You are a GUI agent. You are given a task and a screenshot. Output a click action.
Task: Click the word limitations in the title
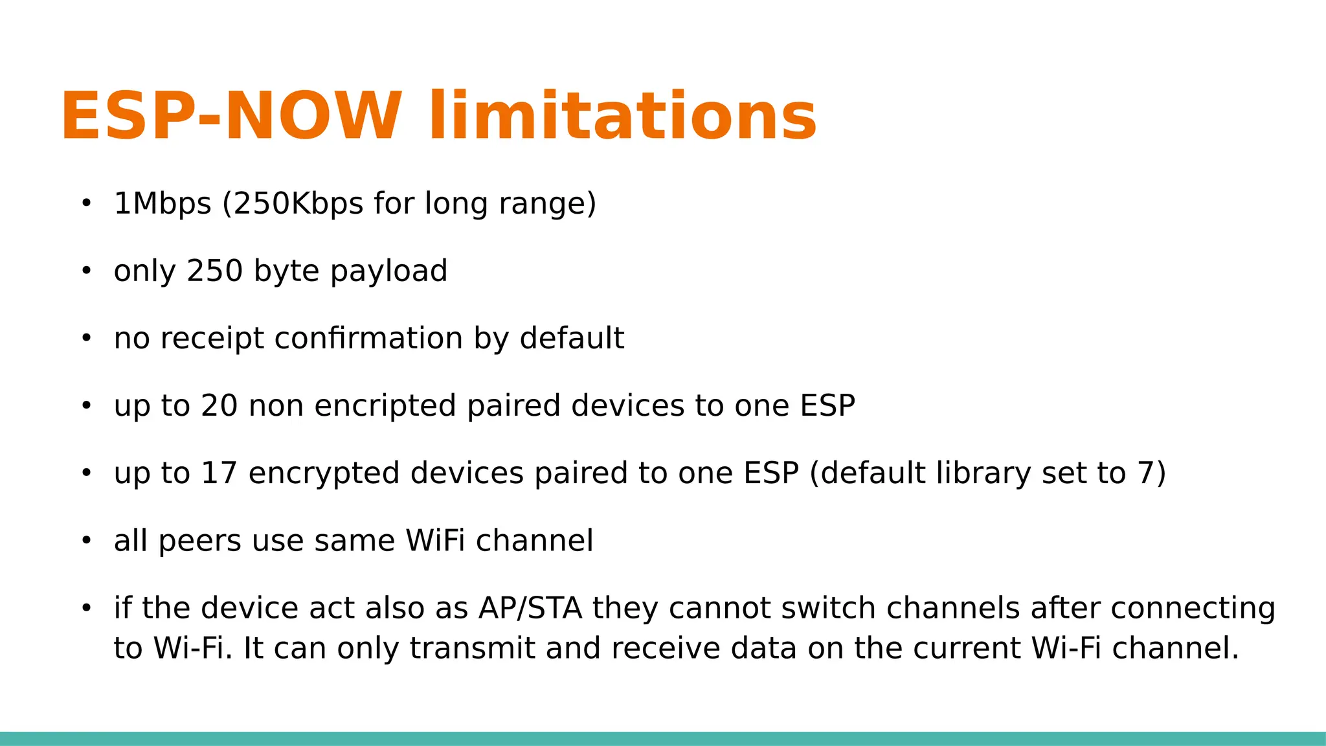point(623,117)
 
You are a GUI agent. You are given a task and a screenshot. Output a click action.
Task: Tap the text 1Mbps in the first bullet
point(163,203)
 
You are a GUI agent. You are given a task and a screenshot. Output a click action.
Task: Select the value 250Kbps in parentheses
point(298,203)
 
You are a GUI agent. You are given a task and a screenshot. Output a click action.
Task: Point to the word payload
point(388,271)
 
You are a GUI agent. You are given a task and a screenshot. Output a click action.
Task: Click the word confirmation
point(369,338)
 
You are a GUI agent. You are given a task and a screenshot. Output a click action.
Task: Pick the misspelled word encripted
point(385,406)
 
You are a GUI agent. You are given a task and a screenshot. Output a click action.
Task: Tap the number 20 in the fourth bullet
point(219,406)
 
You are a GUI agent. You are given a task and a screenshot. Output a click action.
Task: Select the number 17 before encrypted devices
point(219,473)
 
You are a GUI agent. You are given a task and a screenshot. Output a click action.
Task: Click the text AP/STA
point(530,608)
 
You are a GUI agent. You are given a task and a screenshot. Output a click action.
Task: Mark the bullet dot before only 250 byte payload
point(87,271)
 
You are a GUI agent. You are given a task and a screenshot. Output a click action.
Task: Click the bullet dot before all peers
point(87,541)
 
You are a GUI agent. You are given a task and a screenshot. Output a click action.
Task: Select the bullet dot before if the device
point(87,608)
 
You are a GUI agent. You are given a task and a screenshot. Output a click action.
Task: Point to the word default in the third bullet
point(572,338)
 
